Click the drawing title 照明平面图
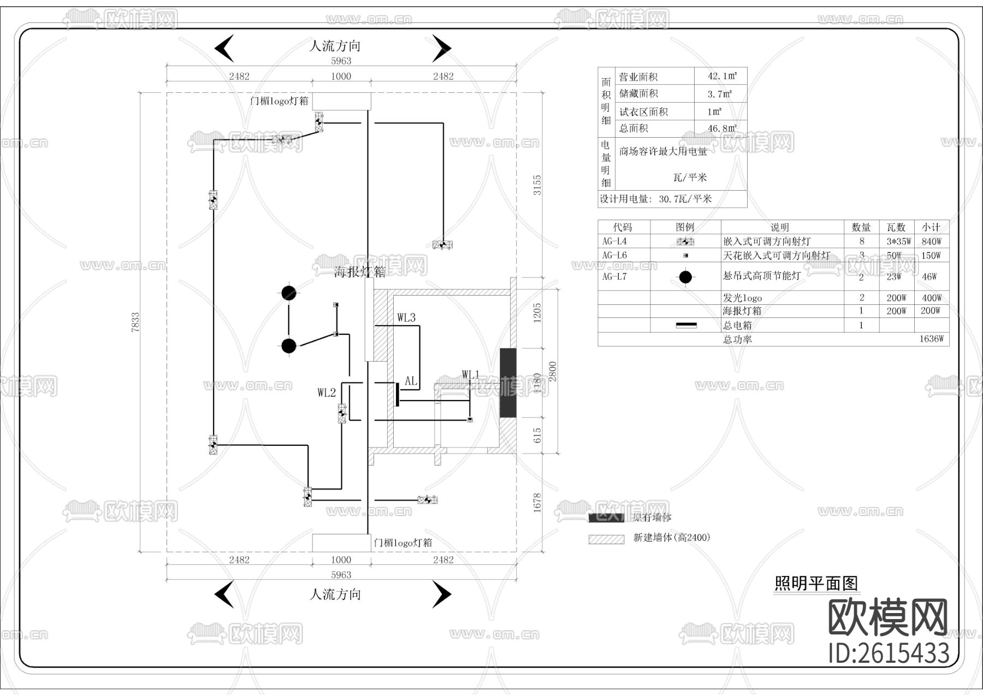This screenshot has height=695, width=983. point(816,584)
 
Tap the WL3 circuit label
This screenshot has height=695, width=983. point(406,317)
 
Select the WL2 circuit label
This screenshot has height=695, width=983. point(327,392)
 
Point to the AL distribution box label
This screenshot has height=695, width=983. point(411,381)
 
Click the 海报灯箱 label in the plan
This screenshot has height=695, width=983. point(359,272)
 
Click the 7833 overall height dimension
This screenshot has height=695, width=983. point(135,322)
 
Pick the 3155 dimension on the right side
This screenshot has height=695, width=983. point(537,185)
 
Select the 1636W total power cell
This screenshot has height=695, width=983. point(931,339)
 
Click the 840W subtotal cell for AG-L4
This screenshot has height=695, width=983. point(931,241)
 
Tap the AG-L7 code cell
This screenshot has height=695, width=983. point(614,276)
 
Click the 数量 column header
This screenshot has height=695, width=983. point(861,227)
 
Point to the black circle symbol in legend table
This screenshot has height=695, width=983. point(685,277)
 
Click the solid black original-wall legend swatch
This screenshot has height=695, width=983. point(606,517)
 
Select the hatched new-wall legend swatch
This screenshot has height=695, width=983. point(606,539)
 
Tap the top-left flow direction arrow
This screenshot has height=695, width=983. point(224,48)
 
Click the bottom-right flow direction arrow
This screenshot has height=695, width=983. point(441,594)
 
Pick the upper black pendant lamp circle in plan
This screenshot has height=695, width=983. point(289,293)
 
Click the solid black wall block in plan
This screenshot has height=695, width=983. point(508,382)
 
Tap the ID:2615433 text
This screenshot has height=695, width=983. point(889,653)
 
